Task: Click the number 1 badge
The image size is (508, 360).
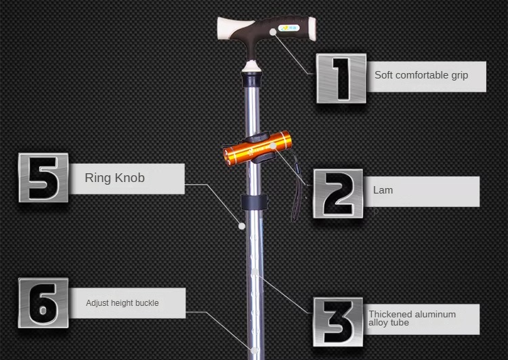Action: click(341, 78)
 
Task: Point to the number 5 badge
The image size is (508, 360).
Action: click(43, 178)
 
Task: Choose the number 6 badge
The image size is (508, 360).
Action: click(43, 302)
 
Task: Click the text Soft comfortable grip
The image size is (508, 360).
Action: click(421, 75)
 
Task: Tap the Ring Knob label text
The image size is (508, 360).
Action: click(114, 179)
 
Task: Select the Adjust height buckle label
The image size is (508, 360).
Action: click(122, 303)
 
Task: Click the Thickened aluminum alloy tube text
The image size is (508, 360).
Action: click(412, 318)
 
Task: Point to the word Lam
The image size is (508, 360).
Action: click(383, 190)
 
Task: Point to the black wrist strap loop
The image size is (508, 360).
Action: click(297, 196)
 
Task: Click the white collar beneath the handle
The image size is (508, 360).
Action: click(253, 67)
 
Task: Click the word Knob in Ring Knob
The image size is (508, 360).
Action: click(128, 179)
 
